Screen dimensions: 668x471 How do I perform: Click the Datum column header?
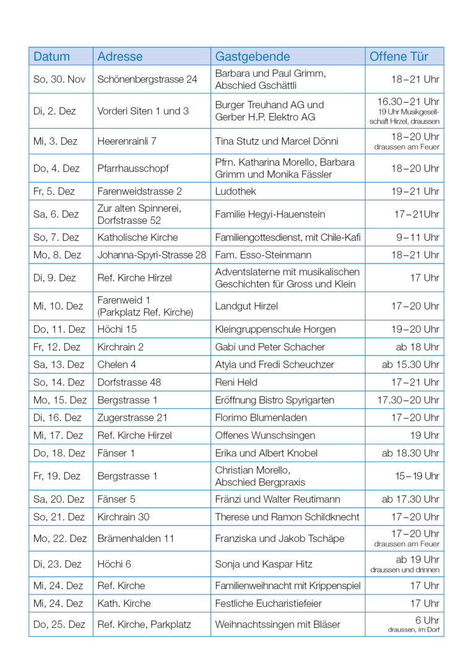point(52,56)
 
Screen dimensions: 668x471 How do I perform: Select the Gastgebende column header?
point(253,56)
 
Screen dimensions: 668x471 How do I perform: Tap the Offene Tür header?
point(399,56)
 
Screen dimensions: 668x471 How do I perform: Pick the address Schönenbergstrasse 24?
point(147,79)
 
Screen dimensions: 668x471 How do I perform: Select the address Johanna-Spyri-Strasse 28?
point(152,255)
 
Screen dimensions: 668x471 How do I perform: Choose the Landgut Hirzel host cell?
point(246,306)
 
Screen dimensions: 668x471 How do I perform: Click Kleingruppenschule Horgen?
point(275,329)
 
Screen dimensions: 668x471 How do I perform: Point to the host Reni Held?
point(236,382)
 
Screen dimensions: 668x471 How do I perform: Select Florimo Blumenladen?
point(261,417)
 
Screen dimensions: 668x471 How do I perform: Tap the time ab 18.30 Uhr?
point(410,453)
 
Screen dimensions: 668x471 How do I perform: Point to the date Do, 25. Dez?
point(59,624)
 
